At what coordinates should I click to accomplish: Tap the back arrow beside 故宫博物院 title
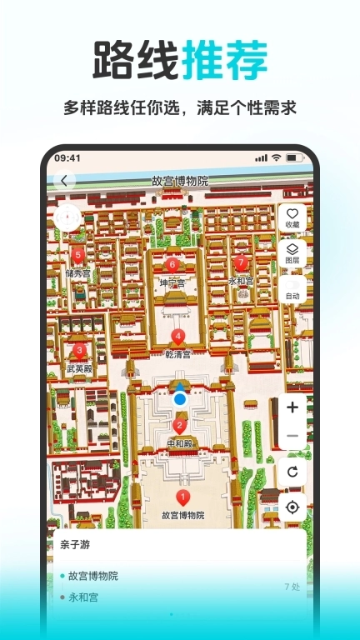click(64, 181)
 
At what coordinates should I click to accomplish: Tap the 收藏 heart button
click(292, 217)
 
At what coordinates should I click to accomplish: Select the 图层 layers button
click(292, 252)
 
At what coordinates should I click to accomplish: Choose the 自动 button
click(292, 288)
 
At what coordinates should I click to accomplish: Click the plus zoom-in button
click(292, 407)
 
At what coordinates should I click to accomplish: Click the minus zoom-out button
click(292, 436)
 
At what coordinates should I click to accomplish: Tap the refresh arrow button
click(292, 472)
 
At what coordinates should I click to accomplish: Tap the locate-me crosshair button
click(292, 507)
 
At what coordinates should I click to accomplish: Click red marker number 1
click(183, 497)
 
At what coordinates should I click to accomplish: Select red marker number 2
click(178, 426)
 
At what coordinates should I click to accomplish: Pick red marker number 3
click(79, 351)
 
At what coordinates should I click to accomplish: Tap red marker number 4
click(177, 336)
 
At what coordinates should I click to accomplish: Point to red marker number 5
click(78, 255)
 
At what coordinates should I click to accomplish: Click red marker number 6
click(172, 265)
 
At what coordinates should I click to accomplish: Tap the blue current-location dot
click(179, 399)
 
